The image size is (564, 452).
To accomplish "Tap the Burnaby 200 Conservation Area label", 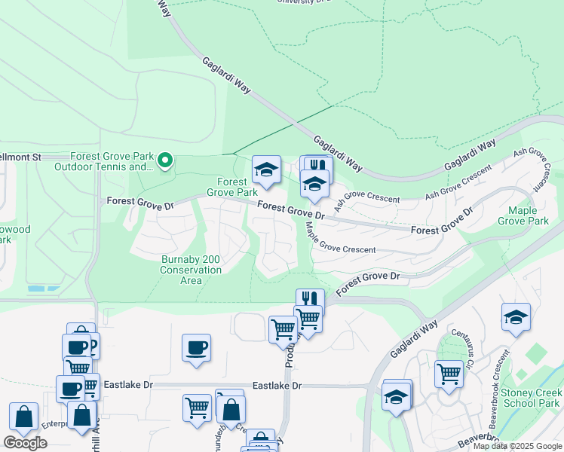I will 191,270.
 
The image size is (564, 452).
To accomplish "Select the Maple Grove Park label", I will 528,215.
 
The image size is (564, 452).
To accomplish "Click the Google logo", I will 25,443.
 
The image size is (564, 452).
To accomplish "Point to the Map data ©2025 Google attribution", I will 517,447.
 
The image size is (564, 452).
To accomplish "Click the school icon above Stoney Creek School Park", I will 516,316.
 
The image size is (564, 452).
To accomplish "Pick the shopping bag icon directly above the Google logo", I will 24,416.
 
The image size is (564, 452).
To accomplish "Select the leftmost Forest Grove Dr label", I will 140,202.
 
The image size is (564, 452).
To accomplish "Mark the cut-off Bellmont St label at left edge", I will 20,157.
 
